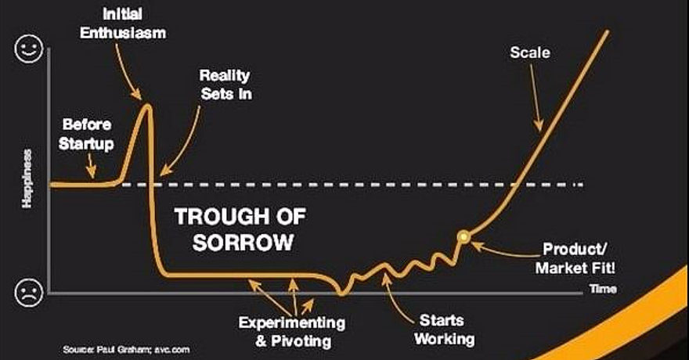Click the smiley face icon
pos(29,49)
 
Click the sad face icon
pos(29,293)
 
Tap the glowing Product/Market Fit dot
pos(464,237)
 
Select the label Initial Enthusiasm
pos(123,23)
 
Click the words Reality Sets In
pos(225,85)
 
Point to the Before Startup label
pos(87,134)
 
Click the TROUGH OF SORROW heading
pos(241,229)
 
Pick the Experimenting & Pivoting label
pos(292,332)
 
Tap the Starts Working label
pos(444,329)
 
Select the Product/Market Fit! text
pos(575,258)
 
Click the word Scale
pos(530,52)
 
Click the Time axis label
pos(603,289)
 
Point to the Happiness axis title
pos(27,178)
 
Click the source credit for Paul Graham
pos(126,350)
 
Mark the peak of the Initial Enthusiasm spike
pos(147,105)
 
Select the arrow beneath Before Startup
pos(91,167)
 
